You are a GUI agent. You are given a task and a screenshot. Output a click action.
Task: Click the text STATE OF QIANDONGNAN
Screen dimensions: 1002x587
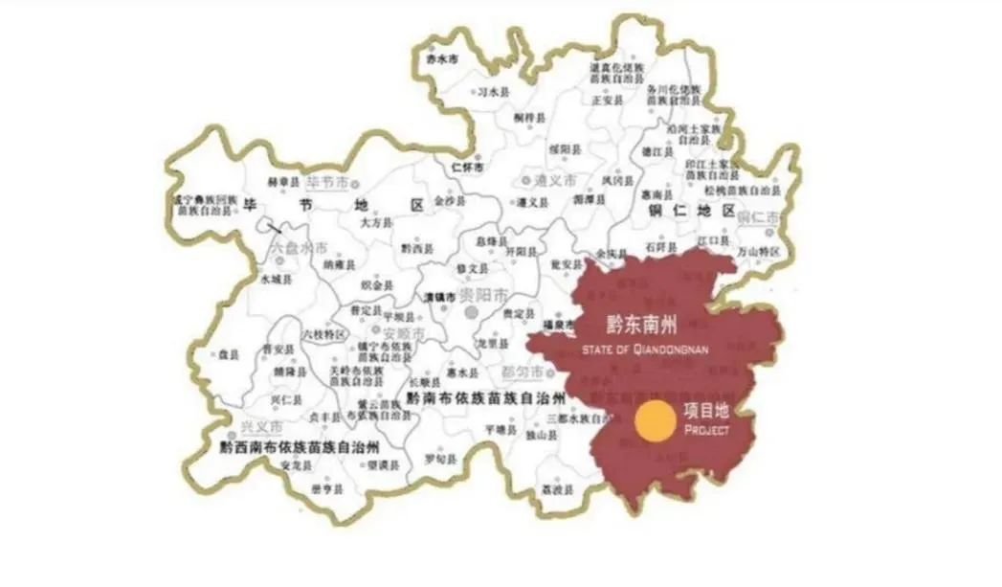tap(644, 350)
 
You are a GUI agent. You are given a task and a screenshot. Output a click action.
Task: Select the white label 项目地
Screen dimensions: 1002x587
tap(706, 411)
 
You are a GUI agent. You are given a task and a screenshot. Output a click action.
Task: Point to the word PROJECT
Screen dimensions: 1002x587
tap(707, 431)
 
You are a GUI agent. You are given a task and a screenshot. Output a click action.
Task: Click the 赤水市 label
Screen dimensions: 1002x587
tap(441, 57)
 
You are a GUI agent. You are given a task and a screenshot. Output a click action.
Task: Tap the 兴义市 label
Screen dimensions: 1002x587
tap(261, 425)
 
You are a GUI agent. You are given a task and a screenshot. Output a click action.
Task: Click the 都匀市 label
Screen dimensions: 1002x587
tap(524, 372)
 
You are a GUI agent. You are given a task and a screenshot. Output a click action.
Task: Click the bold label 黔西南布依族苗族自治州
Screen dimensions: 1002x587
tap(300, 446)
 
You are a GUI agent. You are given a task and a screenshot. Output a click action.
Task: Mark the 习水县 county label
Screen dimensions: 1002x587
tap(494, 92)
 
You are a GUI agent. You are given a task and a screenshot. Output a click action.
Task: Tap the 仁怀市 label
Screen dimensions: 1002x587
tap(469, 165)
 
